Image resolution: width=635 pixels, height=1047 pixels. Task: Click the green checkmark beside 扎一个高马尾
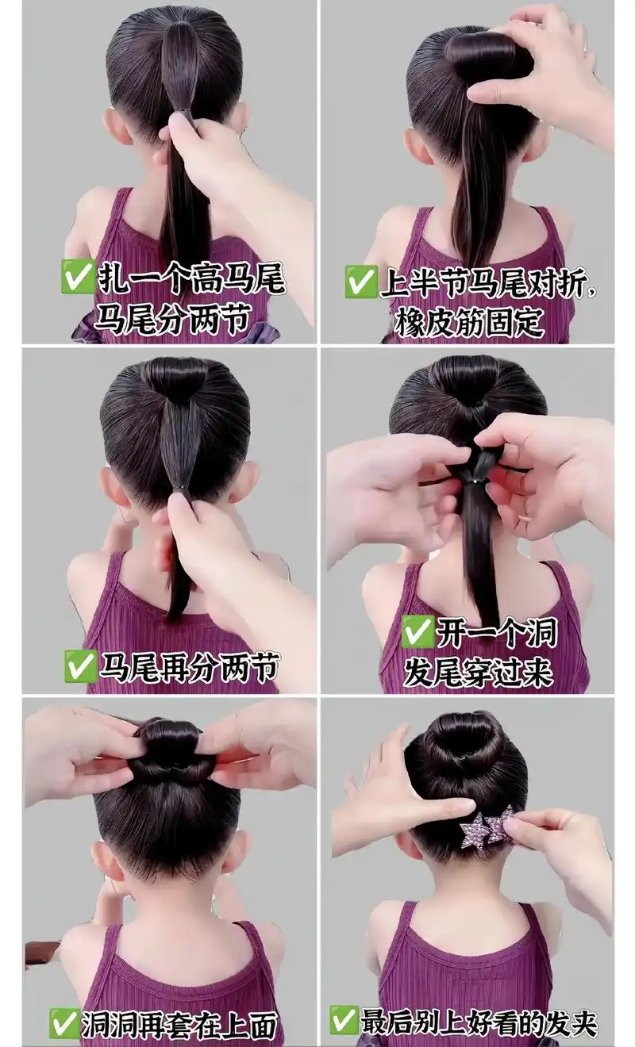(x=78, y=276)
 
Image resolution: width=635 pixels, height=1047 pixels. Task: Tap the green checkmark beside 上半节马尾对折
(x=361, y=282)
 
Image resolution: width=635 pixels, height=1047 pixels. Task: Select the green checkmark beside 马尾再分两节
(x=81, y=666)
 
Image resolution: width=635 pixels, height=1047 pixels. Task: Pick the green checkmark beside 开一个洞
(x=418, y=632)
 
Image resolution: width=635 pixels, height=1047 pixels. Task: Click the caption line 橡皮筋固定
(x=469, y=322)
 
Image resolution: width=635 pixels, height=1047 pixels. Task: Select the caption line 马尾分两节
(x=172, y=318)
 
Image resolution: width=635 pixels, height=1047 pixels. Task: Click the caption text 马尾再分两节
(x=190, y=666)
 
